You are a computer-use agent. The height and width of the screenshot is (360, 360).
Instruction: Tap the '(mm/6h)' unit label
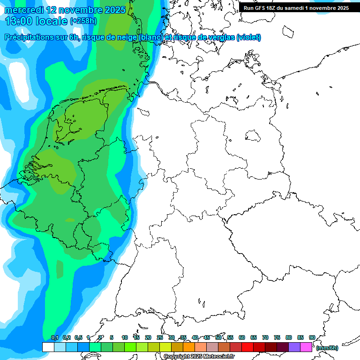pyautogui.click(x=327, y=348)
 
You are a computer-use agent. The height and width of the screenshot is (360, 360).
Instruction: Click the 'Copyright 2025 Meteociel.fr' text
pyautogui.click(x=199, y=357)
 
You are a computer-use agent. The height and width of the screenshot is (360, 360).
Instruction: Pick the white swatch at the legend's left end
pyautogui.click(x=48, y=347)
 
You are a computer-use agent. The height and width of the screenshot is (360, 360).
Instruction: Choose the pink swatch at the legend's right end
pyautogui.click(x=306, y=347)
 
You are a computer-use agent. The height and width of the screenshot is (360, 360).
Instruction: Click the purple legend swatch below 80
pyautogui.click(x=294, y=347)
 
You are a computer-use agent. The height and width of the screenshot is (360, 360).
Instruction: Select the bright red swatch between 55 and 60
pyautogui.click(x=247, y=347)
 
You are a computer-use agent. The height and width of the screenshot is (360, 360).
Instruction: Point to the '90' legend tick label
pyautogui.click(x=312, y=337)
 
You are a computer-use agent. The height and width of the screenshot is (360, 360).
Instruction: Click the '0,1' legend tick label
pyautogui.click(x=54, y=337)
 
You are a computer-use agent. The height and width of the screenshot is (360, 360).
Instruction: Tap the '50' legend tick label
pyautogui.click(x=218, y=337)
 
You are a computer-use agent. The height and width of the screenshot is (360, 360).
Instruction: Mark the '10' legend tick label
pyautogui.click(x=125, y=337)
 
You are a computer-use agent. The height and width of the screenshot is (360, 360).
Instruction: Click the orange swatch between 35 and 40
pyautogui.click(x=189, y=347)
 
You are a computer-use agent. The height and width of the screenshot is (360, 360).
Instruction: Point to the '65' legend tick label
pyautogui.click(x=254, y=337)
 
